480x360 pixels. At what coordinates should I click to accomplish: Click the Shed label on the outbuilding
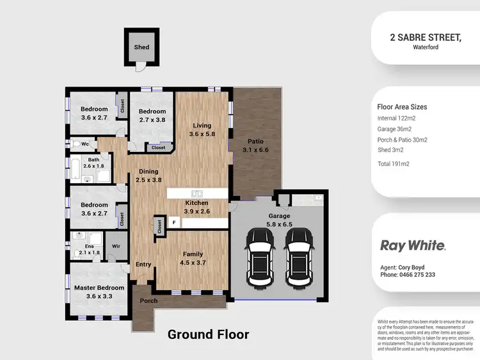pyautogui.click(x=141, y=47)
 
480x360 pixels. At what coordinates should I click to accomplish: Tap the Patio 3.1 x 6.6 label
pyautogui.click(x=255, y=146)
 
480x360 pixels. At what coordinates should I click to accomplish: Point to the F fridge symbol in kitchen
pyautogui.click(x=173, y=223)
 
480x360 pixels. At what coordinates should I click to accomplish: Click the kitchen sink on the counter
pyautogui.click(x=197, y=193)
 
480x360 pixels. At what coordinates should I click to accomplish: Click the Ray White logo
pyautogui.click(x=413, y=245)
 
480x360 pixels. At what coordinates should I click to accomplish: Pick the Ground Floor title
pyautogui.click(x=208, y=334)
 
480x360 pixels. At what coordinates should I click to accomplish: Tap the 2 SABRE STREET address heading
pyautogui.click(x=426, y=37)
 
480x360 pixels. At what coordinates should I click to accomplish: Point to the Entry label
pyautogui.click(x=143, y=264)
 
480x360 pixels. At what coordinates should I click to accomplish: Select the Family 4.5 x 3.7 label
pyautogui.click(x=193, y=259)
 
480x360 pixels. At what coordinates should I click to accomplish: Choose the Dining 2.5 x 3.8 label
pyautogui.click(x=148, y=176)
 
